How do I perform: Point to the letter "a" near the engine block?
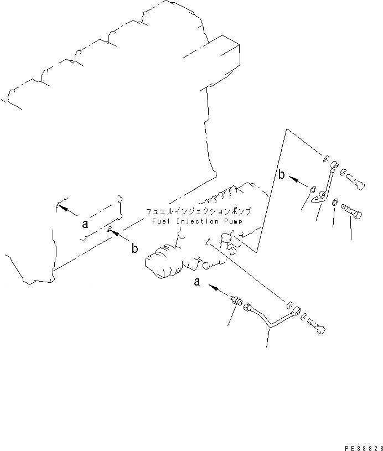click(x=85, y=224)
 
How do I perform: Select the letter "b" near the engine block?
click(x=134, y=249)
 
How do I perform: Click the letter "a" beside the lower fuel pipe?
click(x=196, y=282)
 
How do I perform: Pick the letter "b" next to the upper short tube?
click(x=282, y=175)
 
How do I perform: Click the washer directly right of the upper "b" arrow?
click(x=314, y=190)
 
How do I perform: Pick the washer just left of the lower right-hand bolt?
click(x=335, y=205)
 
